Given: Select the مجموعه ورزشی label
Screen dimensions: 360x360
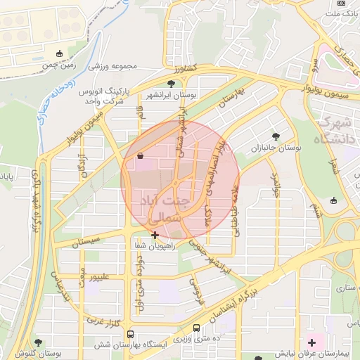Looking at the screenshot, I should (x=114, y=67).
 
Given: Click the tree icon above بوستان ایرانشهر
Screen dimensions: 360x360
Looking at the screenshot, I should (x=172, y=84).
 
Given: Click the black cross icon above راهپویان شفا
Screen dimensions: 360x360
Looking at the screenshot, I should (x=155, y=235).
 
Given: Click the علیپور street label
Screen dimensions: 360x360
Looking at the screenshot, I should (x=96, y=277).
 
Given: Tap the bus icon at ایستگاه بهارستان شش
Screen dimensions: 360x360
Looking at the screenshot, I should (x=131, y=334).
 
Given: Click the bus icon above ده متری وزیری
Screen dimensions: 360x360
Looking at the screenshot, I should (x=196, y=328).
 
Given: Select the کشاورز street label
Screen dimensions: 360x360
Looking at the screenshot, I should (x=185, y=70).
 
